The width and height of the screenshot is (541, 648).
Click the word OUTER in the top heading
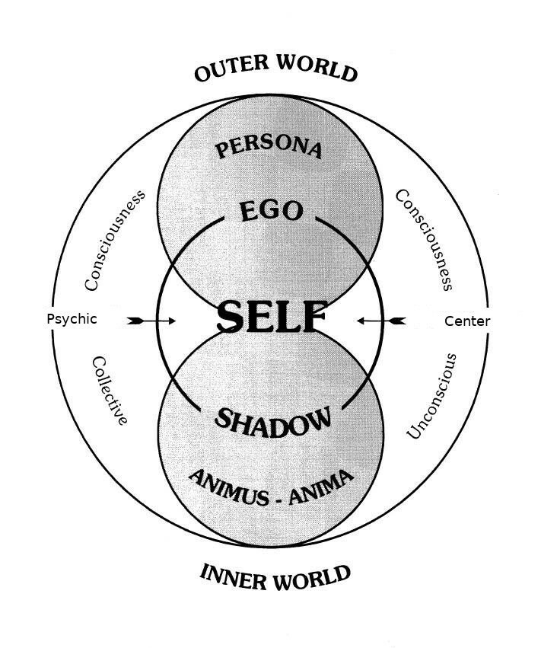click(x=231, y=69)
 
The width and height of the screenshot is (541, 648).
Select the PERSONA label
click(x=269, y=147)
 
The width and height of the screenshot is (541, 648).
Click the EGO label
click(x=271, y=211)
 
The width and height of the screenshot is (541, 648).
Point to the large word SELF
click(x=272, y=318)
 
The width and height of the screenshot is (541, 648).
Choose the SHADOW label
click(x=273, y=421)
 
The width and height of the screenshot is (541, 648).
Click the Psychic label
click(x=72, y=319)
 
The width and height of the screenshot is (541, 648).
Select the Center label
click(x=467, y=321)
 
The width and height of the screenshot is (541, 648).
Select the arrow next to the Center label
click(x=380, y=321)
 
